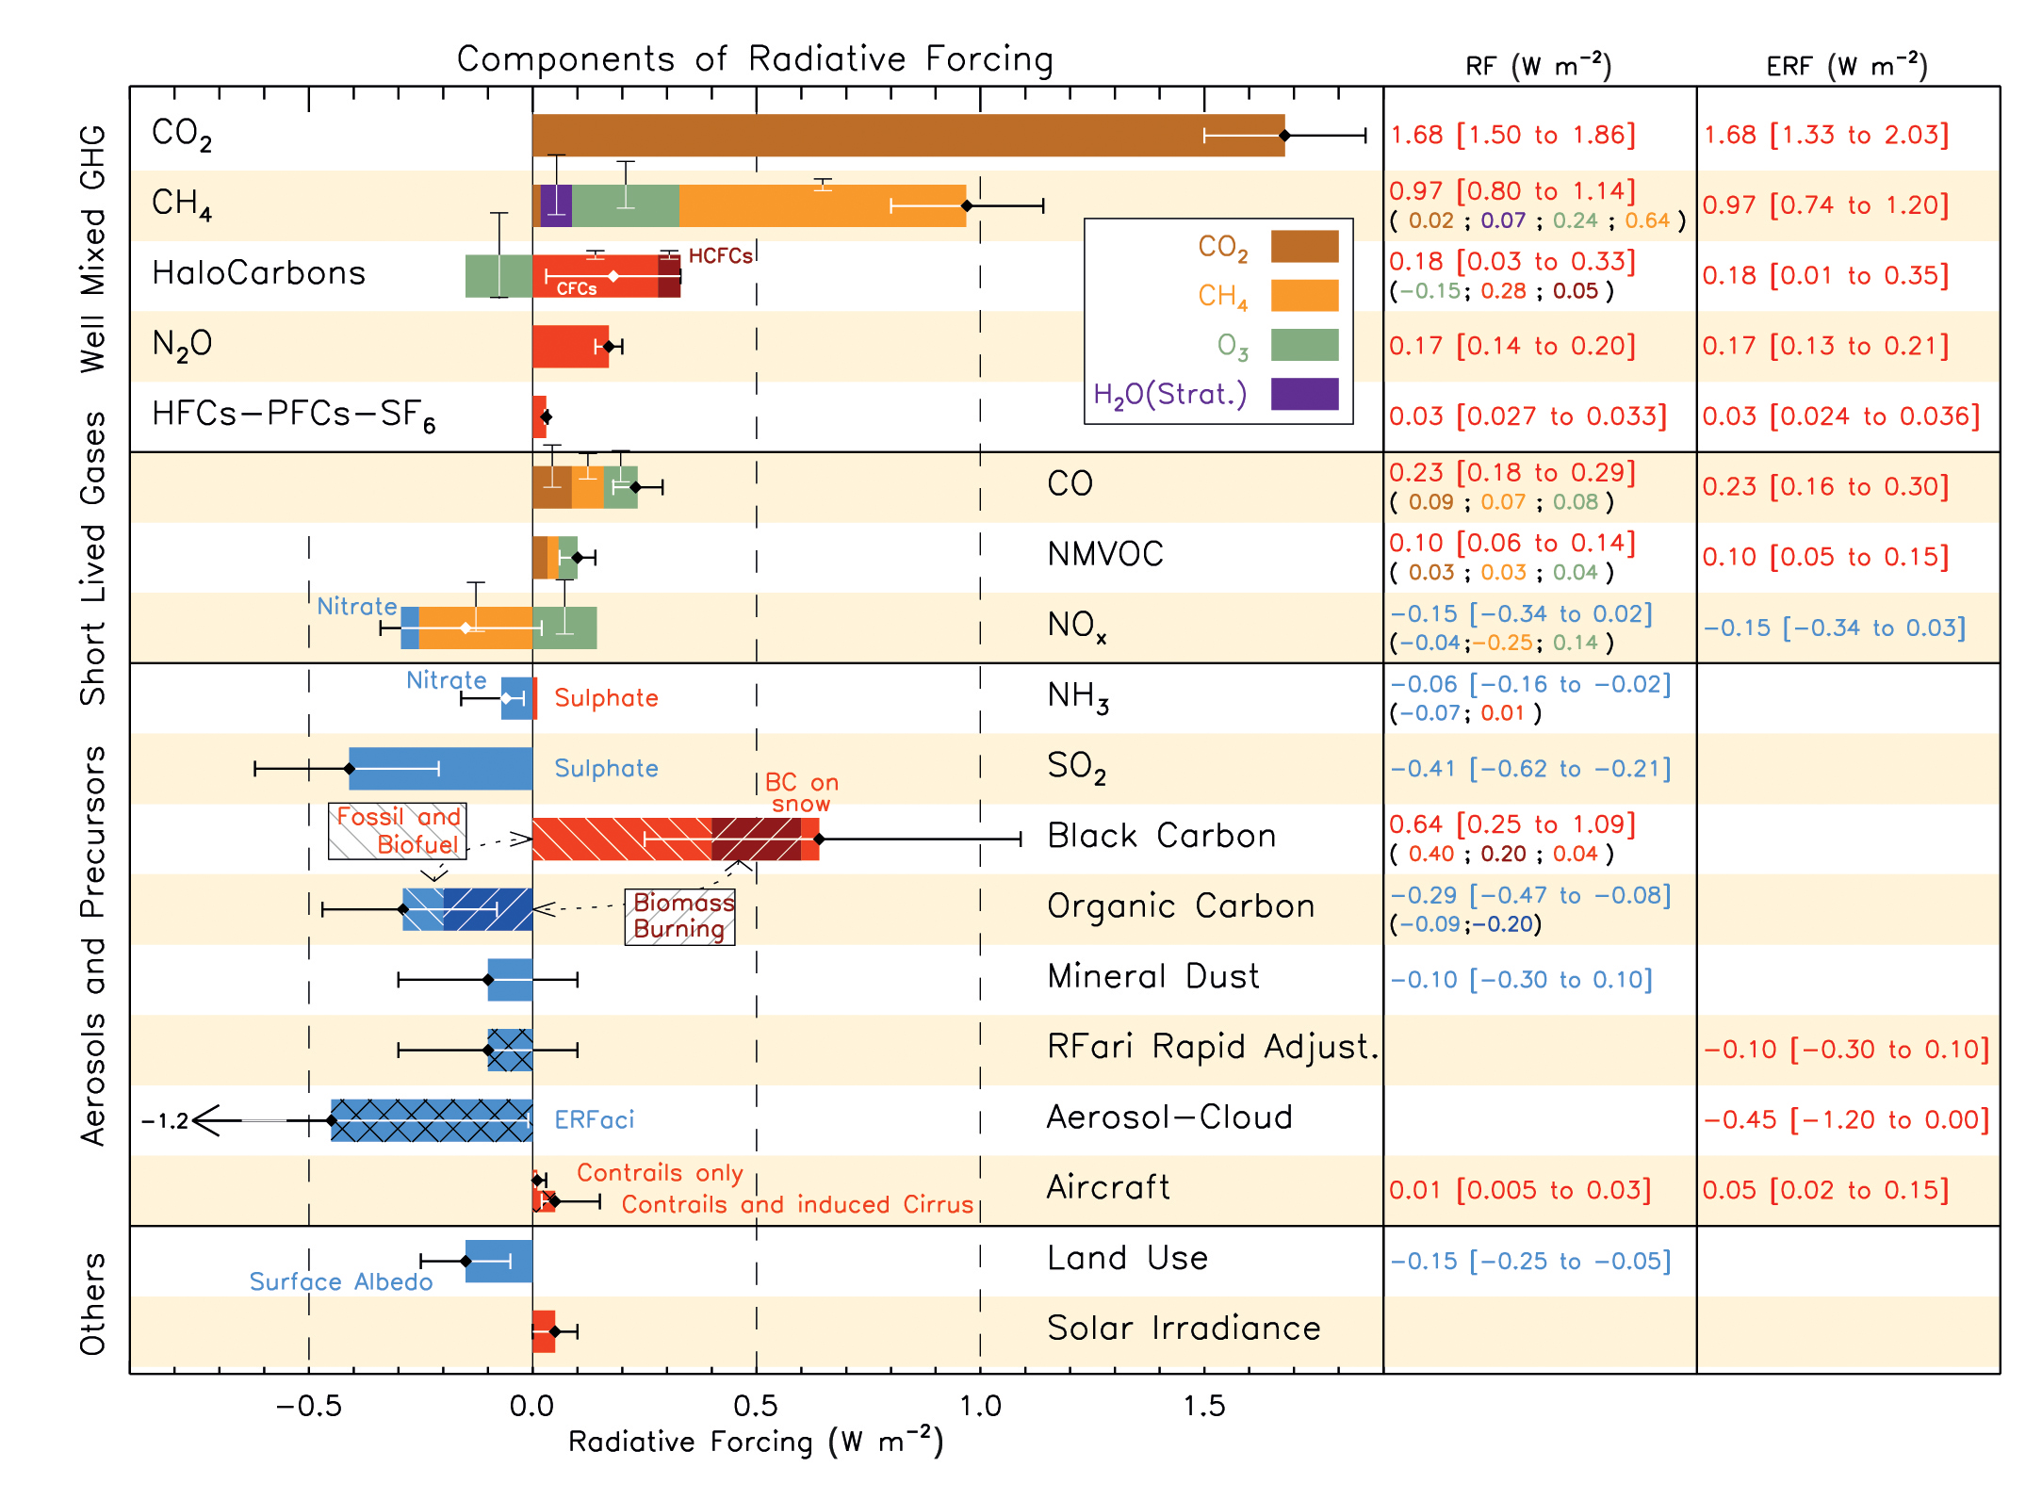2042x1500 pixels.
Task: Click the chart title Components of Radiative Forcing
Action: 755,59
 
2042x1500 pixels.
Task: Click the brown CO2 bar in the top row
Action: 905,135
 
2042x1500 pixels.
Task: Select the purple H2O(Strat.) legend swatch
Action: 1304,394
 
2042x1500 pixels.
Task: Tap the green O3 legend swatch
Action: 1304,345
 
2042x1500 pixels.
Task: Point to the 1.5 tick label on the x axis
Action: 1204,1406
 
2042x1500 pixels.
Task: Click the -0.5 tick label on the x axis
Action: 307,1406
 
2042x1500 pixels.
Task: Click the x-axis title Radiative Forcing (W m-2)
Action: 755,1443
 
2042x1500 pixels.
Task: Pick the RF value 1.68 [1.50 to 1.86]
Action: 1512,135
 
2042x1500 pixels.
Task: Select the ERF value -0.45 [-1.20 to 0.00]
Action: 1846,1119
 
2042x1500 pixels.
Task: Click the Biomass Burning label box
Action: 680,916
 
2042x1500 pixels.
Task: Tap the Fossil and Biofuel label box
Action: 398,831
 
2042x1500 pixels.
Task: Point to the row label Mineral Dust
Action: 1152,976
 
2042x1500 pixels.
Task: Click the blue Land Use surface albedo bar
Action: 498,1261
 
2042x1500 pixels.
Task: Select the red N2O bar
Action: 569,346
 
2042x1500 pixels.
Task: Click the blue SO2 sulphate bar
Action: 440,768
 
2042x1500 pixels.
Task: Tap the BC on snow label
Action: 801,792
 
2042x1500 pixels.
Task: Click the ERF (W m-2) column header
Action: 1846,66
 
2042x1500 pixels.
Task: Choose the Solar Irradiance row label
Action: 1184,1329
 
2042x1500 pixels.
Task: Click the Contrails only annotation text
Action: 660,1173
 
